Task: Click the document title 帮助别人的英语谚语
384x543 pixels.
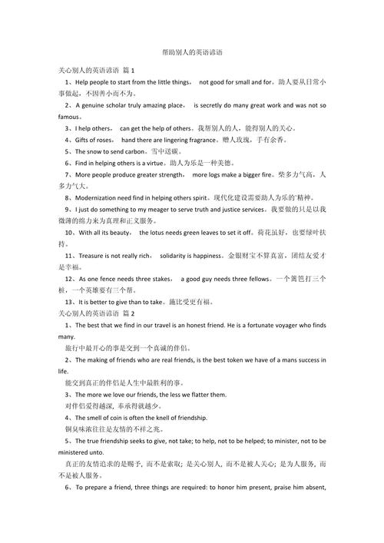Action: (x=192, y=52)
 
